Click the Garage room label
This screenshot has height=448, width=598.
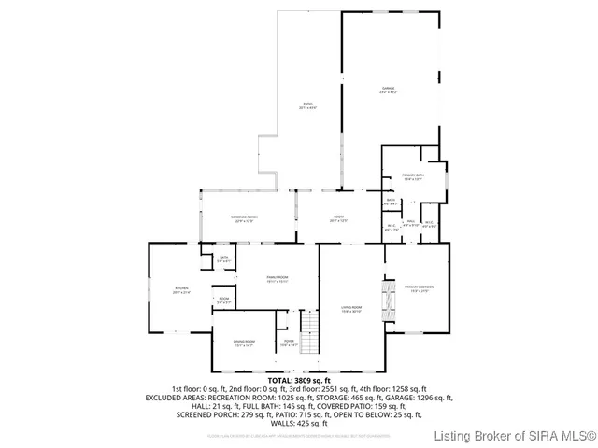point(387,91)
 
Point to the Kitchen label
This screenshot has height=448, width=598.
point(181,290)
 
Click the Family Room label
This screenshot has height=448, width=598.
point(278,279)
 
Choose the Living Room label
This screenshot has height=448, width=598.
point(350,309)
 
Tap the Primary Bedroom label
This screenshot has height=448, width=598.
point(415,288)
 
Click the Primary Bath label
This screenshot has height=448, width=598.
point(414,177)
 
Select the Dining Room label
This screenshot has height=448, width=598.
point(245,343)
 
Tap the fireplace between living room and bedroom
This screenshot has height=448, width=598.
point(382,300)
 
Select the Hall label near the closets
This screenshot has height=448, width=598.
point(410,223)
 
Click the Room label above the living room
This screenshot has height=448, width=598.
point(338,219)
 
